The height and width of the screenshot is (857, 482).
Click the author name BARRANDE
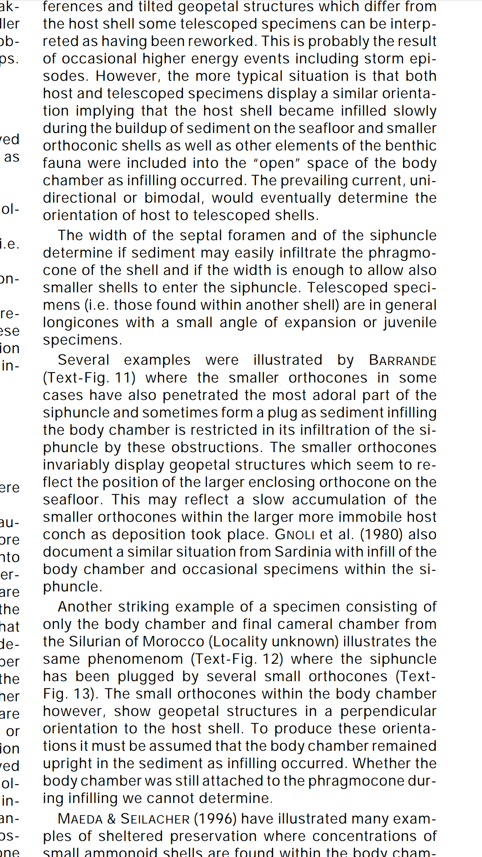click(402, 360)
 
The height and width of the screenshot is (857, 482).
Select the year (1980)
click(370, 534)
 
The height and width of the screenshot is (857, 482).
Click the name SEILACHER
click(155, 819)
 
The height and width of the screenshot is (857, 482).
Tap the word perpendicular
click(388, 711)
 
